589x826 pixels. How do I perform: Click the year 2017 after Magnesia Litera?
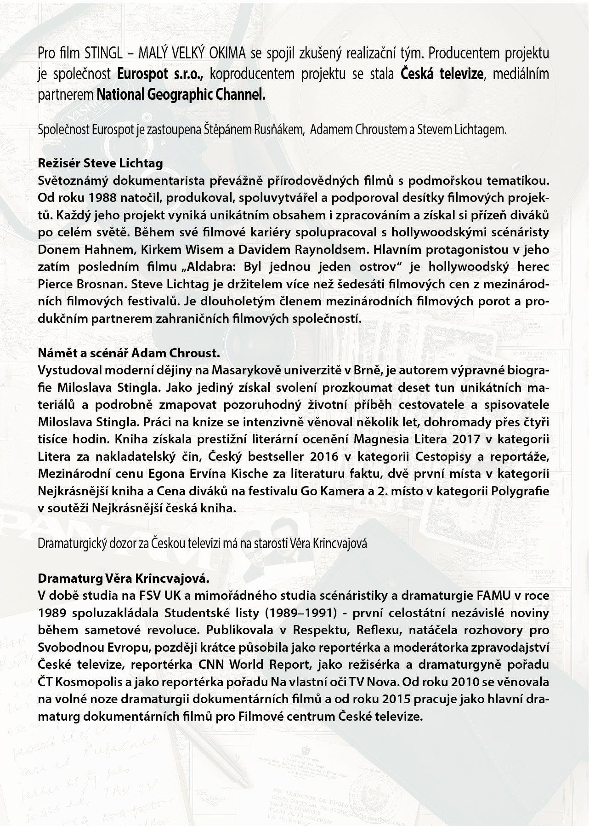click(467, 439)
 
